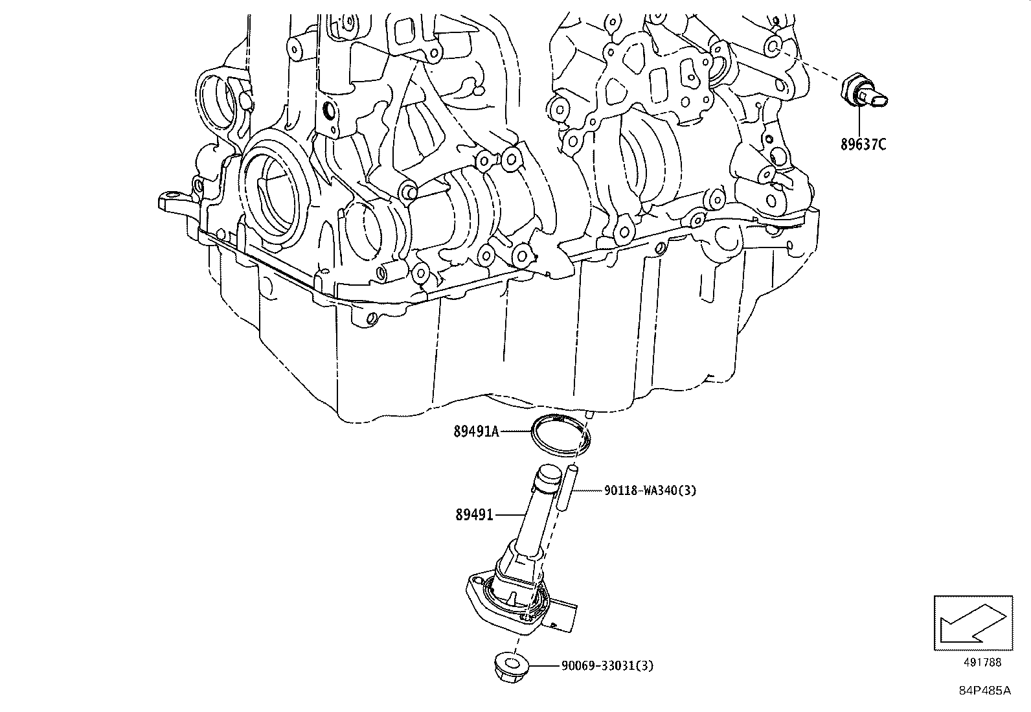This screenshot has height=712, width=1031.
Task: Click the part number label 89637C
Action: [x=863, y=144]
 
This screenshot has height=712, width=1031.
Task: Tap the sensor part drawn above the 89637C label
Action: [x=864, y=93]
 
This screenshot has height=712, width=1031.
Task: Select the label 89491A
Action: [x=476, y=431]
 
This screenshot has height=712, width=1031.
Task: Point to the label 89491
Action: [x=474, y=515]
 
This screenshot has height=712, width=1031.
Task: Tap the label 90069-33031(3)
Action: [x=607, y=665]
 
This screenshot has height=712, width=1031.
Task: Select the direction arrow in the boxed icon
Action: [x=971, y=623]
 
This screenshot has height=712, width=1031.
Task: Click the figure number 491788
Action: [x=982, y=662]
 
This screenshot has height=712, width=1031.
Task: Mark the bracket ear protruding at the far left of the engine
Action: [x=170, y=201]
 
